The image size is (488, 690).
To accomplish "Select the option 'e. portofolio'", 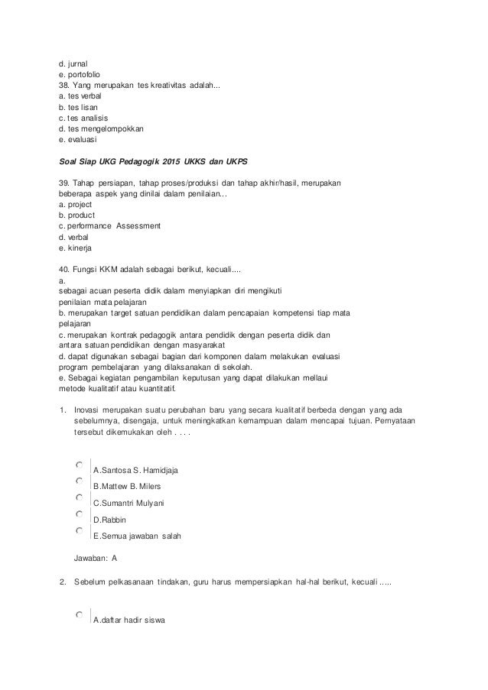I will tap(80, 74).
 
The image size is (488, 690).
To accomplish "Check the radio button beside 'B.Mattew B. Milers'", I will tap(80, 481).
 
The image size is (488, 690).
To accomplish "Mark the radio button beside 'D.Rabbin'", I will tap(80, 513).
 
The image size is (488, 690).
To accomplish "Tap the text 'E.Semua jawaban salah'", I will tap(137, 536).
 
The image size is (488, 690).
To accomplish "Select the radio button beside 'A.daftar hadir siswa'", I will tap(80, 614).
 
